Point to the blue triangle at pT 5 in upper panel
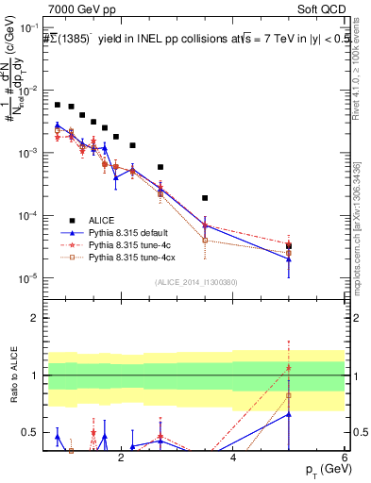click(288, 258)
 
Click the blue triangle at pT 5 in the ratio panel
click(288, 413)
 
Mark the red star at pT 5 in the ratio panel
click(288, 369)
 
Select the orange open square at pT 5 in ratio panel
click(288, 395)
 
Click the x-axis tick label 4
click(233, 458)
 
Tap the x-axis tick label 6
click(345, 458)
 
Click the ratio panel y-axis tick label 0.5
click(33, 433)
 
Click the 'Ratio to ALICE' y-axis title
click(12, 375)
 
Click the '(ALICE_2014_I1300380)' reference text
click(196, 281)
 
